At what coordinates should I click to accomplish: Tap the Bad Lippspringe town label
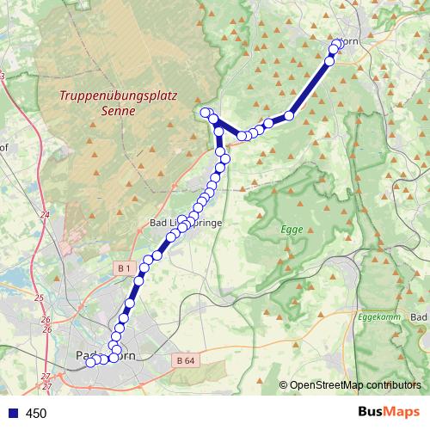[186, 223]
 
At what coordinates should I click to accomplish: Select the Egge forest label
[292, 230]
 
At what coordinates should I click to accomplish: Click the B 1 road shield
[123, 269]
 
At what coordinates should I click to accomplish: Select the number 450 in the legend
[36, 414]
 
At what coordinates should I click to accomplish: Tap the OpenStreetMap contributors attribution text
[354, 385]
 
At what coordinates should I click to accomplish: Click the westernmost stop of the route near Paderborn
[90, 363]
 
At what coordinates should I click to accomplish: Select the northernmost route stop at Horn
[337, 43]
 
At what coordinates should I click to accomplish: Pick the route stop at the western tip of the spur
[205, 113]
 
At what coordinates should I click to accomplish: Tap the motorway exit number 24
[45, 214]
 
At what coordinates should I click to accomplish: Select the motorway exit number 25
[39, 298]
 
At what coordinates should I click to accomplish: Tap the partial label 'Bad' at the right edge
[420, 318]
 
